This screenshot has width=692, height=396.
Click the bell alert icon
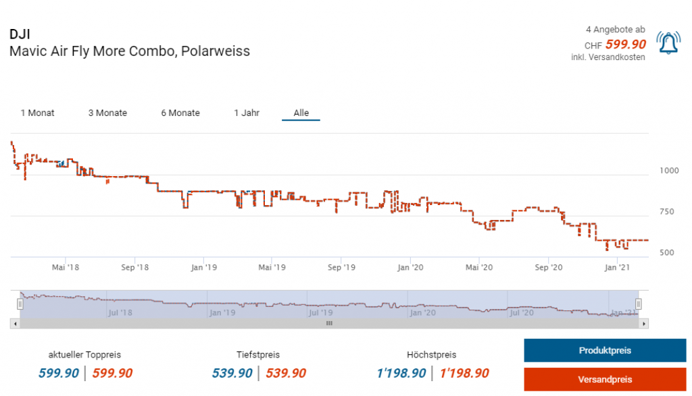point(668,44)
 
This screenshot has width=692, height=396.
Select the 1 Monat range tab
point(38,113)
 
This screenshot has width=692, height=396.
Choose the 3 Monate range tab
point(107,113)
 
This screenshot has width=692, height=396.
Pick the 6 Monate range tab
point(180,113)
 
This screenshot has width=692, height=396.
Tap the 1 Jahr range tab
point(247,113)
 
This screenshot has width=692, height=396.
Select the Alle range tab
point(301,113)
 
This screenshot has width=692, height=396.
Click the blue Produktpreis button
point(604,351)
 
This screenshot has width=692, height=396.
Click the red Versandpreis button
point(604,380)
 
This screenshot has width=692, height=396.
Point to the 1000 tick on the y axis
point(669,171)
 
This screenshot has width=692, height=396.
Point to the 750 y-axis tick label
point(667,212)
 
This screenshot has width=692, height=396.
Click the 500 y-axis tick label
point(667,253)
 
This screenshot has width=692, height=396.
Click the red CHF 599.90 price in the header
point(625,45)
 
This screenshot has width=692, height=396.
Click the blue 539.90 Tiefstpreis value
point(232,373)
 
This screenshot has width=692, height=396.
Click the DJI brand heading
point(20,34)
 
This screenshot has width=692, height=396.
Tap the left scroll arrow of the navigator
point(16,324)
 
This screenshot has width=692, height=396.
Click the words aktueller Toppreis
point(84,354)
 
